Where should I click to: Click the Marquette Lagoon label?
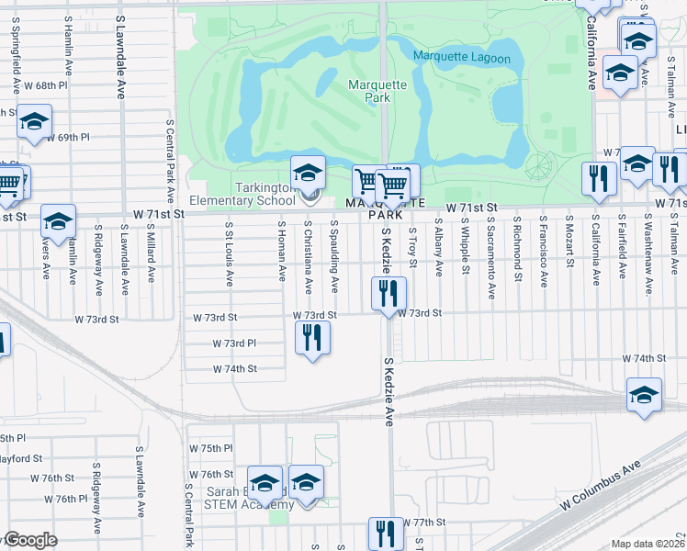tap(461, 57)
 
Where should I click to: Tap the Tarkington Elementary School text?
tap(242, 194)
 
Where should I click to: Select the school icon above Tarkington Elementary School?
tap(308, 172)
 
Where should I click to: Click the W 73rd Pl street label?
tap(234, 343)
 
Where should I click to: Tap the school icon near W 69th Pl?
tap(34, 122)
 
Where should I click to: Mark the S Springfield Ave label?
tap(16, 58)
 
